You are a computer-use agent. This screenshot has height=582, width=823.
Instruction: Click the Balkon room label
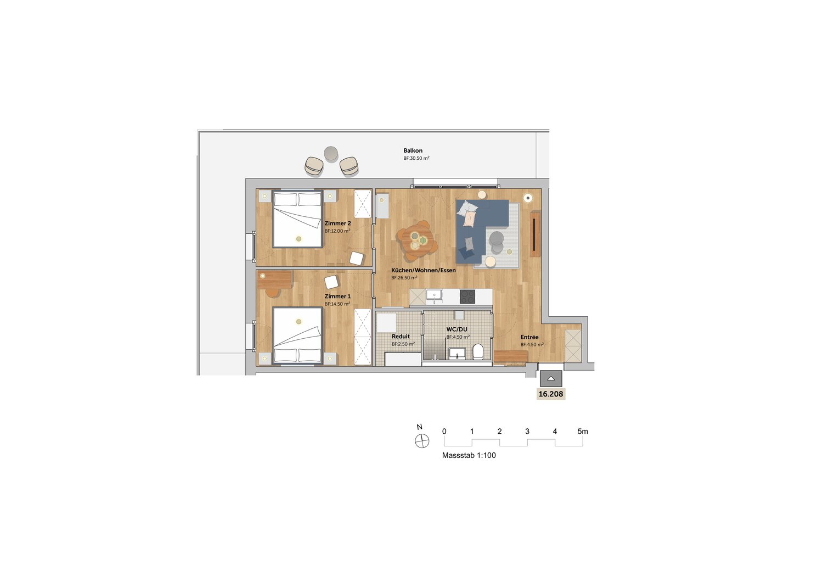pos(413,150)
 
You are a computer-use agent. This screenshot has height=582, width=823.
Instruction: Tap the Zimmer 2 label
pos(337,223)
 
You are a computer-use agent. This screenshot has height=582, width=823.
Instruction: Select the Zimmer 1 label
pos(337,296)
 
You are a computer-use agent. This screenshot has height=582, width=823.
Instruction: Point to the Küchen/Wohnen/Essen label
pos(423,270)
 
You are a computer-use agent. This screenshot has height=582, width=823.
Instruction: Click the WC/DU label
pos(456,329)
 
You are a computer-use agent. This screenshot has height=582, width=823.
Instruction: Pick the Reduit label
pos(401,337)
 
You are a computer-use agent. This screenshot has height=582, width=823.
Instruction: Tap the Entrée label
pos(529,337)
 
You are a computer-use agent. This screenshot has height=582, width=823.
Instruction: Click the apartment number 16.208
pos(551,394)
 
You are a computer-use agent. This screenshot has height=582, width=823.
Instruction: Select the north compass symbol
pos(422,440)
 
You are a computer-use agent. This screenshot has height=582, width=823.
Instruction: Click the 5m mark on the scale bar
pos(583,431)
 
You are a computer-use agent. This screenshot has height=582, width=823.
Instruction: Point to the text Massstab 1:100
pos(469,455)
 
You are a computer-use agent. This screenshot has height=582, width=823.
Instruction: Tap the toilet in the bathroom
pos(478,351)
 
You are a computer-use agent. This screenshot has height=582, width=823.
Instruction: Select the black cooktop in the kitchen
pos(467,296)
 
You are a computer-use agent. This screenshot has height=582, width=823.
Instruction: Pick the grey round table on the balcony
pos(331,153)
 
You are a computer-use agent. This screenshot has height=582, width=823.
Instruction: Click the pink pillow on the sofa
pos(470,219)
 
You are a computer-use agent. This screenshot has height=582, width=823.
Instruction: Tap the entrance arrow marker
pos(551,379)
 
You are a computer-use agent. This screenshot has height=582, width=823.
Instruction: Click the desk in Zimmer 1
pos(274,280)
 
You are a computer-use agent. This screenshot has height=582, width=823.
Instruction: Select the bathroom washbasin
pos(457,353)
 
